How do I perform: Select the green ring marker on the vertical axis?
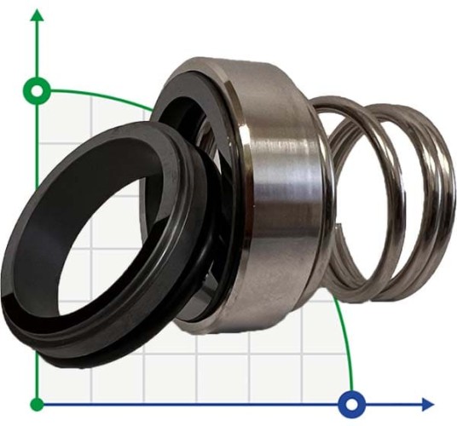point(37,89)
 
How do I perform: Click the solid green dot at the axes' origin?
point(37,403)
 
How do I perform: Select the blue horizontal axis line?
point(213,403)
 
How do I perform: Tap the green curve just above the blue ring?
point(344,358)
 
